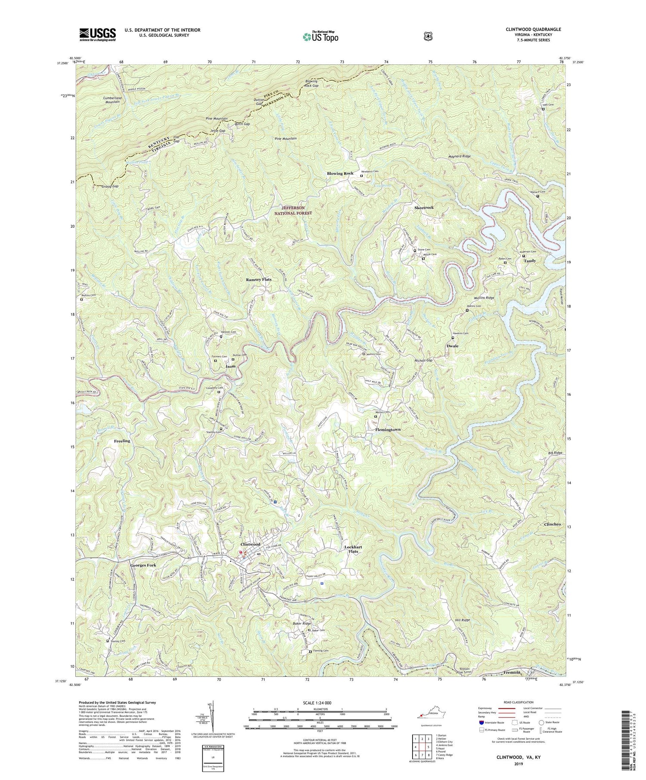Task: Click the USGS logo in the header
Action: [x=98, y=34]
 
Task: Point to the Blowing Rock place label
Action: [x=340, y=173]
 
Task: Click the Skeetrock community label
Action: [x=424, y=207]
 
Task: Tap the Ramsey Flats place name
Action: [x=258, y=280]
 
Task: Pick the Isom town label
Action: [x=231, y=367]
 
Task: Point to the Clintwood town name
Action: [x=250, y=545]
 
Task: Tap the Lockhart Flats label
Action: [x=353, y=549]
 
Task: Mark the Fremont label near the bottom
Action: [x=512, y=672]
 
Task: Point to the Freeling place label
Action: [x=122, y=441]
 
